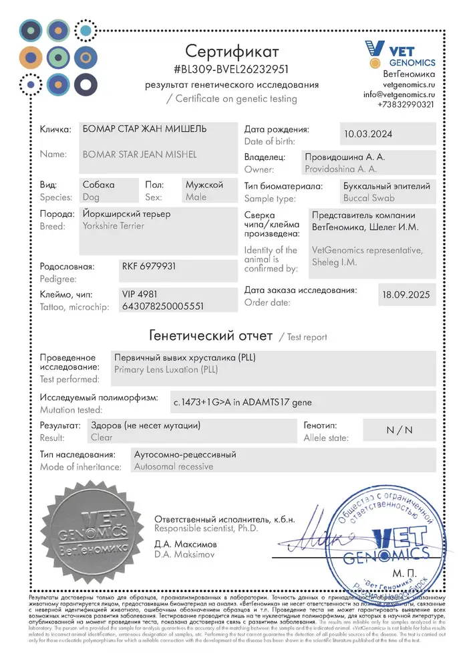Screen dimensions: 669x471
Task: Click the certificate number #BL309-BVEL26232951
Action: point(231,69)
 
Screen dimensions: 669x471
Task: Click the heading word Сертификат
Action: point(232,51)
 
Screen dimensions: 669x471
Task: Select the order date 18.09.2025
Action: point(406,294)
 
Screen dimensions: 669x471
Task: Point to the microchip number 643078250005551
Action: point(162,306)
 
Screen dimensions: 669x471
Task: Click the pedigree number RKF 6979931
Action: point(149,266)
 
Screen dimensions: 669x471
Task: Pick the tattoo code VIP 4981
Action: point(139,294)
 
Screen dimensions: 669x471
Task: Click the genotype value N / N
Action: point(400,430)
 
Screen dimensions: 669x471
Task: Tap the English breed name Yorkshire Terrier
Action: point(113,226)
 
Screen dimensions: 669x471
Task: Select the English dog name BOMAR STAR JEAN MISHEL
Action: point(139,155)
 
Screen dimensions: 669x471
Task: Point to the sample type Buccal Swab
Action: point(369,198)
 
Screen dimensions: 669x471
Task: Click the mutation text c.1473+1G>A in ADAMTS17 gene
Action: point(242,402)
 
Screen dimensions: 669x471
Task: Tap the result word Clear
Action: point(102,438)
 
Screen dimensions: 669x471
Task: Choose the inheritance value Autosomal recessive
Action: point(174,466)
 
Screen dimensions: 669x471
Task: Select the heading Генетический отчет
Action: point(210,336)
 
